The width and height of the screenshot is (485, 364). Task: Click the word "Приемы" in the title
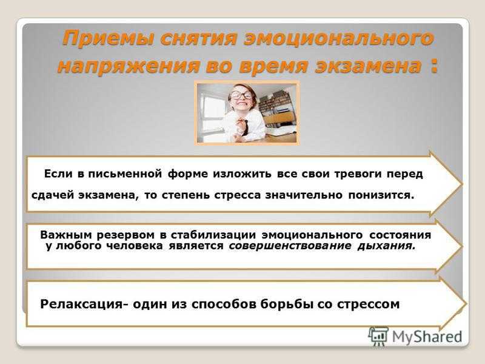click(x=108, y=39)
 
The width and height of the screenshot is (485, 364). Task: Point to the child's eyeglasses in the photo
click(x=242, y=95)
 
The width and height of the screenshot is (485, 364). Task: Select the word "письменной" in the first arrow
click(x=125, y=174)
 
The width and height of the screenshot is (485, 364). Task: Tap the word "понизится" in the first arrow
click(x=381, y=195)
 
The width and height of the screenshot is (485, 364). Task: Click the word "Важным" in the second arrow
click(x=66, y=235)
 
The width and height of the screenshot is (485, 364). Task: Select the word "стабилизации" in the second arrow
click(x=213, y=235)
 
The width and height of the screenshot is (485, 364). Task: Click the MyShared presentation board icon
click(x=378, y=336)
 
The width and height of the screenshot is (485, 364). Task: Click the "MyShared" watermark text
click(x=427, y=337)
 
